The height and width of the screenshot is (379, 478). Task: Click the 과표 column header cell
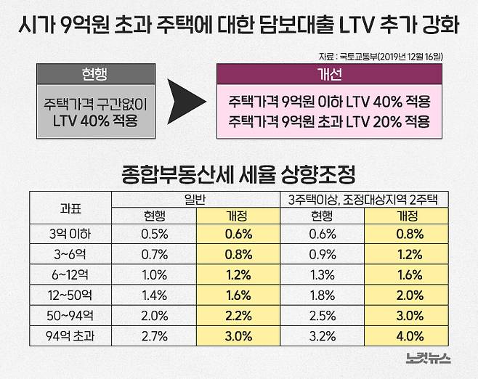click(x=70, y=208)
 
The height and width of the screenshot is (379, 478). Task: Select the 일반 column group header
click(x=197, y=198)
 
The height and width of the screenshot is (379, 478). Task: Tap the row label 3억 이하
click(x=70, y=235)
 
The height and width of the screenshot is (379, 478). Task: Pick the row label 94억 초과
click(x=70, y=337)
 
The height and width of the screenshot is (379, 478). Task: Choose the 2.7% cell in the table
click(x=154, y=337)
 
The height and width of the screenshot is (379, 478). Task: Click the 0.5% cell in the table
click(x=154, y=235)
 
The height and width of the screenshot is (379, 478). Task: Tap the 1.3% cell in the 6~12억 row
click(x=322, y=275)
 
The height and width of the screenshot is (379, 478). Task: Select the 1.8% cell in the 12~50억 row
click(x=322, y=296)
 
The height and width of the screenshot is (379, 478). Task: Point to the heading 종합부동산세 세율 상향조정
click(x=239, y=174)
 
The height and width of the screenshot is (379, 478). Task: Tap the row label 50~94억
click(x=70, y=317)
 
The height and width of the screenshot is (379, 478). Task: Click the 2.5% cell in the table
click(x=322, y=317)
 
